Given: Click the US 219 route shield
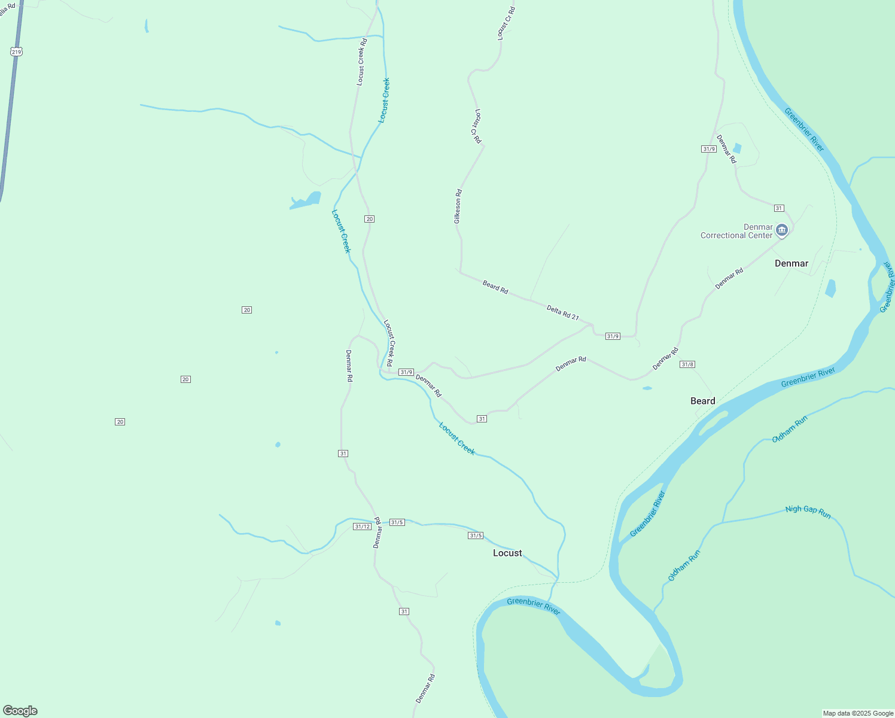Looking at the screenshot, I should tap(16, 52).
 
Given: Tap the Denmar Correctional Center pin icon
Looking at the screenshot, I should tap(781, 230).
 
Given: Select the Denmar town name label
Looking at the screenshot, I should tap(791, 263).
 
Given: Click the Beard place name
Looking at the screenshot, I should tap(702, 401).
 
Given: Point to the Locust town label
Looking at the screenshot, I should tap(507, 553).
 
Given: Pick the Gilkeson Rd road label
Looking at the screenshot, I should tap(458, 206).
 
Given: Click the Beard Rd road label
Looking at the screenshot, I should tap(495, 287).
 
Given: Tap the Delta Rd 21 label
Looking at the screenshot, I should tap(563, 312).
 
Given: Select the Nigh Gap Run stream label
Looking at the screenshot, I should tap(808, 512).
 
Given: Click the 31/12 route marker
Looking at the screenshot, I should tap(362, 527).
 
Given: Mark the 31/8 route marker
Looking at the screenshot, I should tap(687, 364).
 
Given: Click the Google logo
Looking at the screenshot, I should tap(20, 711).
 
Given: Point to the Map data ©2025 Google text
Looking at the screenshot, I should tap(858, 713).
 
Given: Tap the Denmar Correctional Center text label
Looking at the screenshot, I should tap(737, 232).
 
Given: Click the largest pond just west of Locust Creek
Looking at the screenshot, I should tap(306, 200).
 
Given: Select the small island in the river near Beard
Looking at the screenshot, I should tap(713, 423).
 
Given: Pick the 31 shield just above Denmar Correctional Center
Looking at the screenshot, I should tap(778, 208).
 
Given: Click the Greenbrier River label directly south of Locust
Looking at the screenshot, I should tap(533, 606).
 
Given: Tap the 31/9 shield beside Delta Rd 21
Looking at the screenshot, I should tap(613, 336).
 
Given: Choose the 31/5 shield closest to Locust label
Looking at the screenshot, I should tap(475, 536).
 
